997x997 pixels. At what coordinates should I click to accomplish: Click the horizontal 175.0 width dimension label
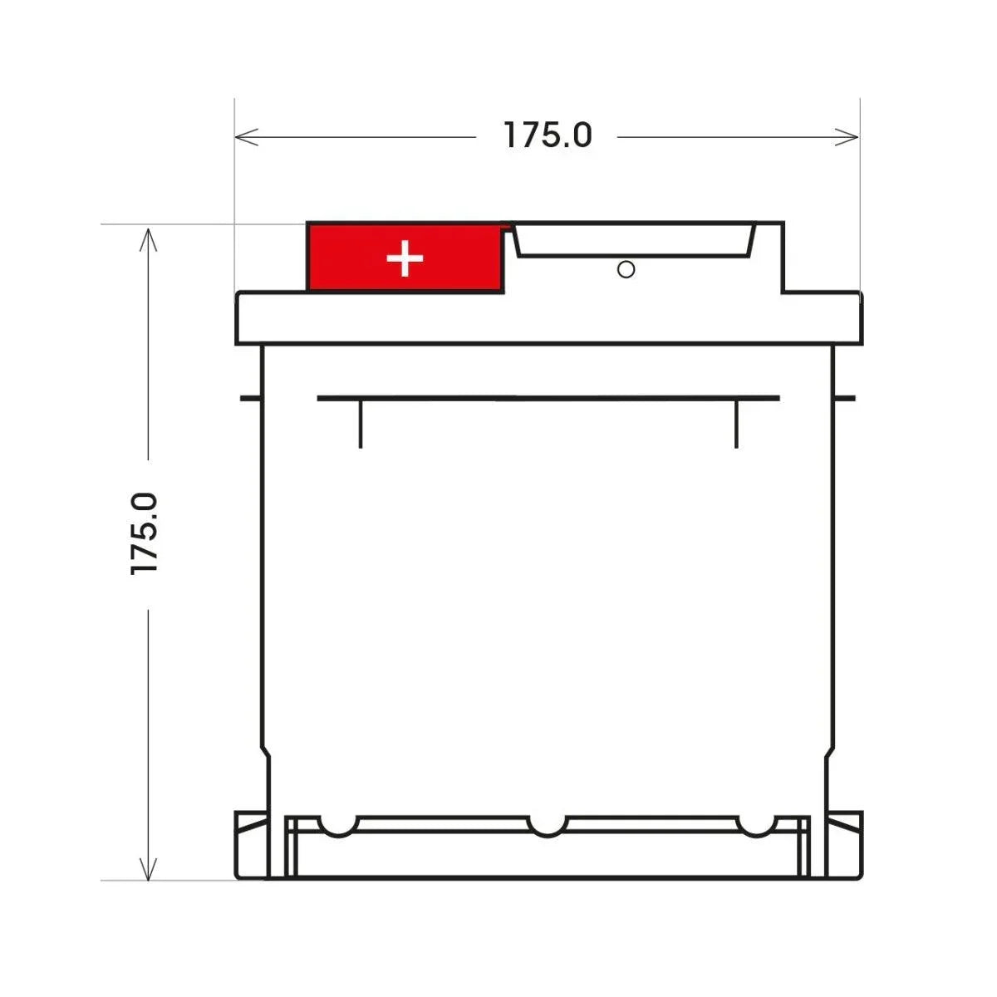pos(548,135)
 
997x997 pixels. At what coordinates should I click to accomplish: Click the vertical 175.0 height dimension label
pos(145,533)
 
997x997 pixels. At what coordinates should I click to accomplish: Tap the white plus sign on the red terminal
pos(405,259)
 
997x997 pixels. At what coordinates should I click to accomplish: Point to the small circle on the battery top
pos(626,269)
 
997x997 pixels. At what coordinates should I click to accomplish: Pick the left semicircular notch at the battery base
pos(339,825)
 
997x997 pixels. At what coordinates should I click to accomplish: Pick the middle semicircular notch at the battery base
pos(547,825)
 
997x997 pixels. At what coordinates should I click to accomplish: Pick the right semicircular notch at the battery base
pos(755,825)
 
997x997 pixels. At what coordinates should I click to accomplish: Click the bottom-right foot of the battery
pos(846,845)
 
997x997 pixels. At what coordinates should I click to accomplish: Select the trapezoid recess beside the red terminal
pos(634,239)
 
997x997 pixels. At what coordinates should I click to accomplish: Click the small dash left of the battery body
pos(248,398)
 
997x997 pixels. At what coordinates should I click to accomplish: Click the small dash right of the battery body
pos(845,398)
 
